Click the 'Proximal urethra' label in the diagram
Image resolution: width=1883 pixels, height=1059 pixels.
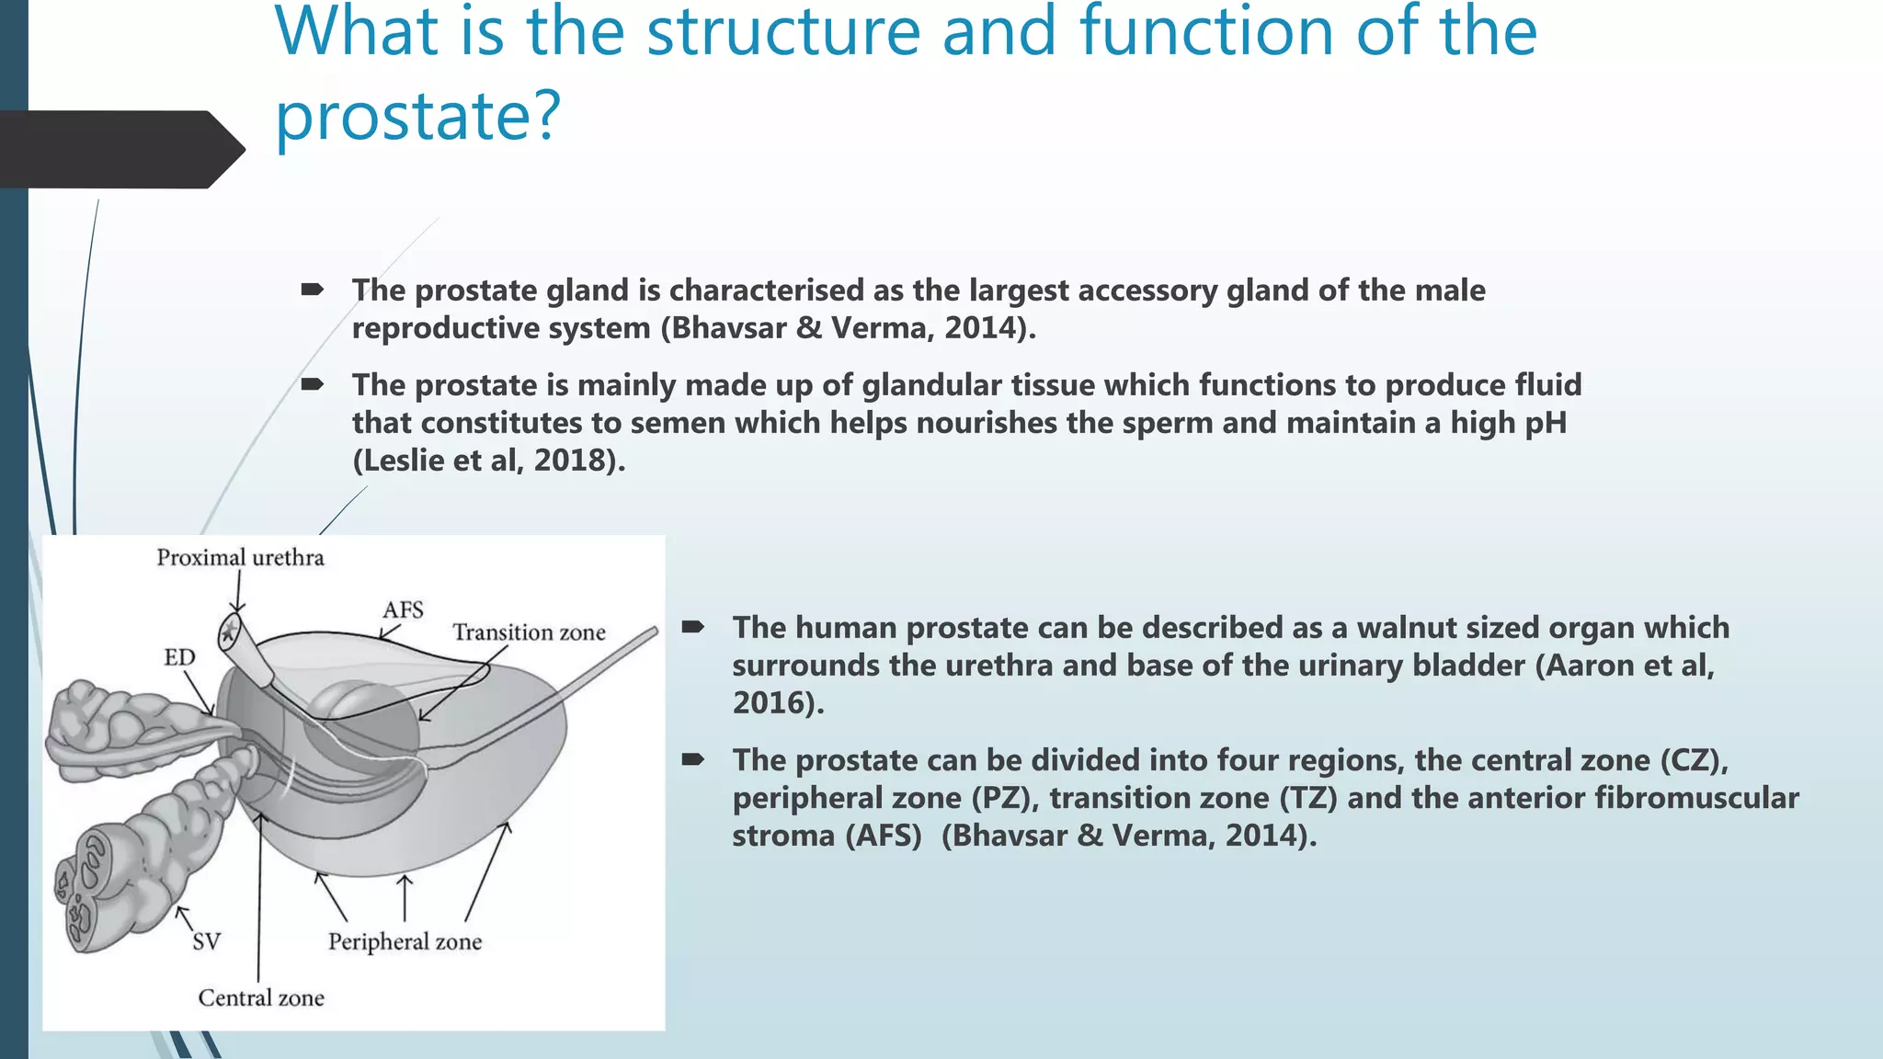click(x=240, y=558)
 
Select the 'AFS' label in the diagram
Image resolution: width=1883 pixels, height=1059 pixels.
click(x=403, y=610)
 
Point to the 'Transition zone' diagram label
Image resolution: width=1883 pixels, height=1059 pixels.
click(x=529, y=632)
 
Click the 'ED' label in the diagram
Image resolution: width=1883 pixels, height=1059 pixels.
click(x=179, y=657)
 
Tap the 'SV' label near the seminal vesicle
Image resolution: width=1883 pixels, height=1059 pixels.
click(x=206, y=941)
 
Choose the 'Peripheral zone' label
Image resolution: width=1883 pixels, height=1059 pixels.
click(x=405, y=941)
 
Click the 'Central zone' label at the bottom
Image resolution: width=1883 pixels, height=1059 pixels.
click(x=261, y=997)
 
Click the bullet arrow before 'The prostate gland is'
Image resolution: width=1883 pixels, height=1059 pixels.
click(x=312, y=290)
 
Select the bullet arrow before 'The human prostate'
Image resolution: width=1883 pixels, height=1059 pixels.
click(x=692, y=627)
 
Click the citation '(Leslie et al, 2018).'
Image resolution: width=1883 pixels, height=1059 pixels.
click(x=488, y=460)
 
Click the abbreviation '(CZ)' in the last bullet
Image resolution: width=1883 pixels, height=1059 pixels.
click(x=1693, y=760)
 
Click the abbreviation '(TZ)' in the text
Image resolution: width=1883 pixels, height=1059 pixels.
click(x=1308, y=798)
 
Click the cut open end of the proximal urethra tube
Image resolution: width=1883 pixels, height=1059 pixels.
click(x=229, y=632)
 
